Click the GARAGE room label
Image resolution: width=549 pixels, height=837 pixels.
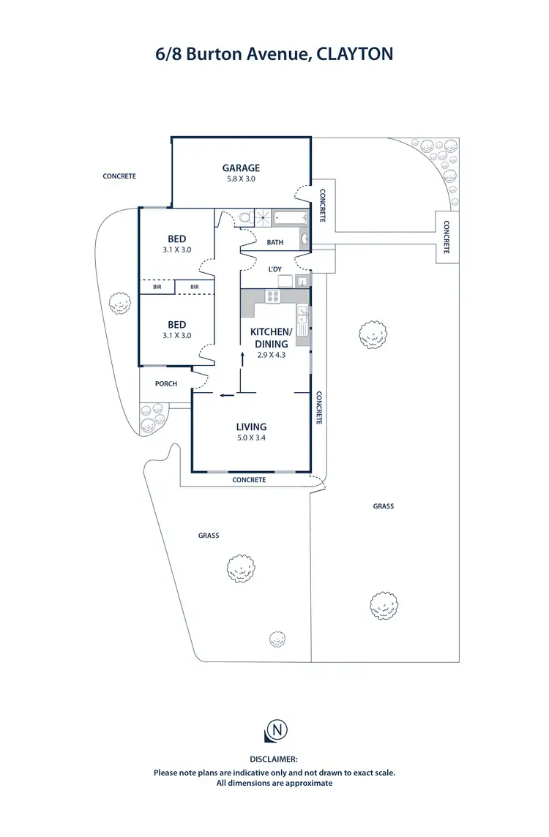[241, 168]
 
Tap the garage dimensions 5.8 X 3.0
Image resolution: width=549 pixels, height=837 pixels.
[241, 179]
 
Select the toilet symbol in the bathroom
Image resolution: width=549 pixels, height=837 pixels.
[244, 217]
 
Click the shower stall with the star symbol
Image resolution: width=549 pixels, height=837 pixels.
[262, 217]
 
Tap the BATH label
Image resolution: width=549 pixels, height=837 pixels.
[275, 242]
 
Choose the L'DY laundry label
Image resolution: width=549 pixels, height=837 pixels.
[275, 269]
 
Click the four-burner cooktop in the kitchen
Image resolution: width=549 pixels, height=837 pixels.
[273, 296]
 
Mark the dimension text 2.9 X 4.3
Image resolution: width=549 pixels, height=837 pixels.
[271, 354]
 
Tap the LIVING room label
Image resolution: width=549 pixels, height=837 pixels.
[251, 427]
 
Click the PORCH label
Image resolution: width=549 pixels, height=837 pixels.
[166, 384]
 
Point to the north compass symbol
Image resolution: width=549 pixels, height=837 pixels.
[276, 729]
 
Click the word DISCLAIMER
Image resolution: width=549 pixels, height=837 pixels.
[274, 760]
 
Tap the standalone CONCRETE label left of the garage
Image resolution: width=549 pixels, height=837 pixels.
[119, 176]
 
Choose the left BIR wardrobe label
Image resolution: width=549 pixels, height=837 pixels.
[157, 288]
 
